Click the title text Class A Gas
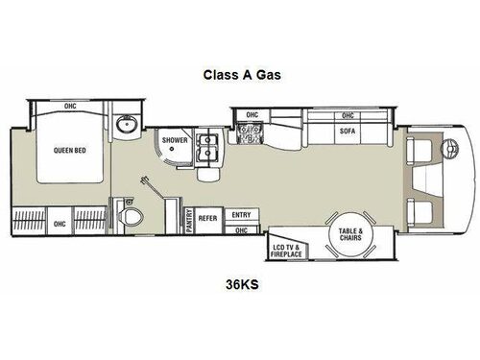[x=239, y=73]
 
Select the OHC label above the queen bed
[x=70, y=107]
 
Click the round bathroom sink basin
[x=123, y=126]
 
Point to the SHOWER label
[x=175, y=140]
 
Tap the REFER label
[x=209, y=218]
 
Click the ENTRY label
[x=241, y=216]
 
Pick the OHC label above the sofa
[x=252, y=115]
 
